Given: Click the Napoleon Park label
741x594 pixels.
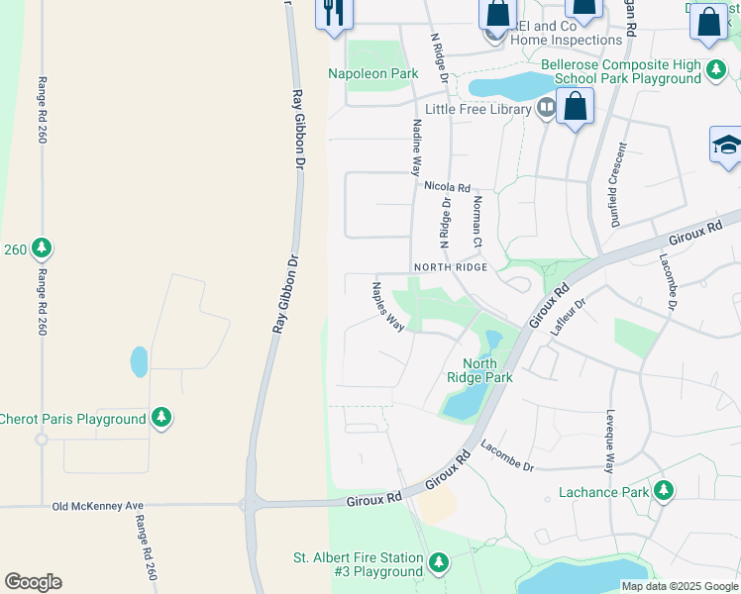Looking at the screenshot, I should [x=373, y=74].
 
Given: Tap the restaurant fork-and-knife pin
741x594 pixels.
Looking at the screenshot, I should [x=333, y=13].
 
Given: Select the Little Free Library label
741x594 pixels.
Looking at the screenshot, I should [x=478, y=109].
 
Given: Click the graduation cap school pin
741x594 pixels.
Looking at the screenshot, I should [x=726, y=147].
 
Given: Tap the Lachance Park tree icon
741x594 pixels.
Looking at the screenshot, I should [x=663, y=491].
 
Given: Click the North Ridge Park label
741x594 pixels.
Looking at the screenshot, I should [x=479, y=370].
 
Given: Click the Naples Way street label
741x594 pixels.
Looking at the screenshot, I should [x=387, y=307].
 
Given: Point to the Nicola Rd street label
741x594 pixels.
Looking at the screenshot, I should [x=446, y=186].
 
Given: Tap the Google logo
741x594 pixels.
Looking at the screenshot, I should [x=33, y=582].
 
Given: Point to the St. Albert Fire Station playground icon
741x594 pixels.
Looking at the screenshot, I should [x=438, y=563].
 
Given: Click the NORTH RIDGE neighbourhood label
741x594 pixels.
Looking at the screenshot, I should [x=451, y=267].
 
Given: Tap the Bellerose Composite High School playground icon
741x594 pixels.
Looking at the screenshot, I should [x=715, y=70].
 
